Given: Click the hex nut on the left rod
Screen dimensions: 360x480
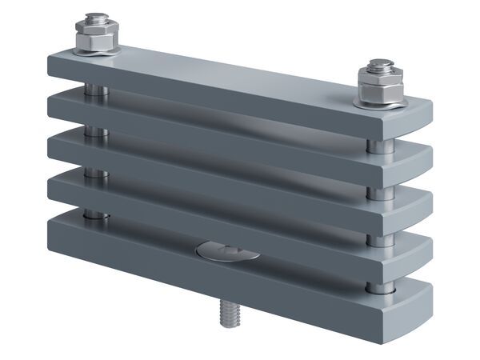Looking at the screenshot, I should [x=96, y=38].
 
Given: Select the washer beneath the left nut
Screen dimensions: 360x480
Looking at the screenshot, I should [x=96, y=50].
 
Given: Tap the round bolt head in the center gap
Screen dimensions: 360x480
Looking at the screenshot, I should [x=228, y=252].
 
